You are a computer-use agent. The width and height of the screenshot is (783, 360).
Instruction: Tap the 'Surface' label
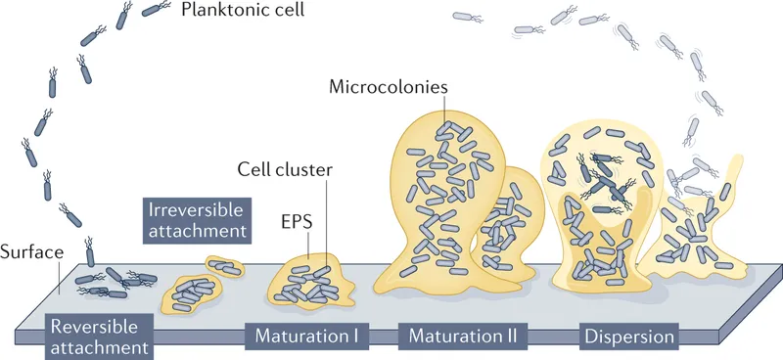32,252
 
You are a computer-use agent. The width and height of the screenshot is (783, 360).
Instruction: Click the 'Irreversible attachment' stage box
196,220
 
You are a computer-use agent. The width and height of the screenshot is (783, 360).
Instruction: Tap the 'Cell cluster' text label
285,169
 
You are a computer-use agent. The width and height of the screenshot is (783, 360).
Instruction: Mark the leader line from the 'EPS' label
308,247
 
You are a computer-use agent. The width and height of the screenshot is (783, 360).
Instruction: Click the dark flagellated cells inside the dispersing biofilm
606,181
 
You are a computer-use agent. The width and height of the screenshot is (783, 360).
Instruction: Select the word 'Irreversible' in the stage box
195,209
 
